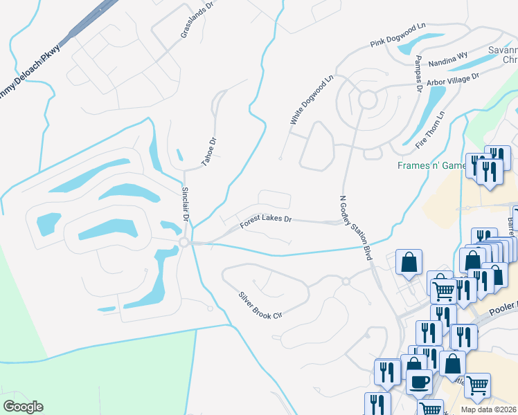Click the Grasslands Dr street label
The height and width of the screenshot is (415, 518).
coord(195,23)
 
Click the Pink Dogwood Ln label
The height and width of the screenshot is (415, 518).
coord(398,35)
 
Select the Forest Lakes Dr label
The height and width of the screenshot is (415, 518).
coord(266,221)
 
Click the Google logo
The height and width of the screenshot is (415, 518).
coord(23,406)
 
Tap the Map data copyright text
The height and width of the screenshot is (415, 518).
coord(488,409)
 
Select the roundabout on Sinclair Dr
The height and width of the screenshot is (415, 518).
coord(184,242)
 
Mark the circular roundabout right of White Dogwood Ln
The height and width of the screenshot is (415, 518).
coord(366,101)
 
